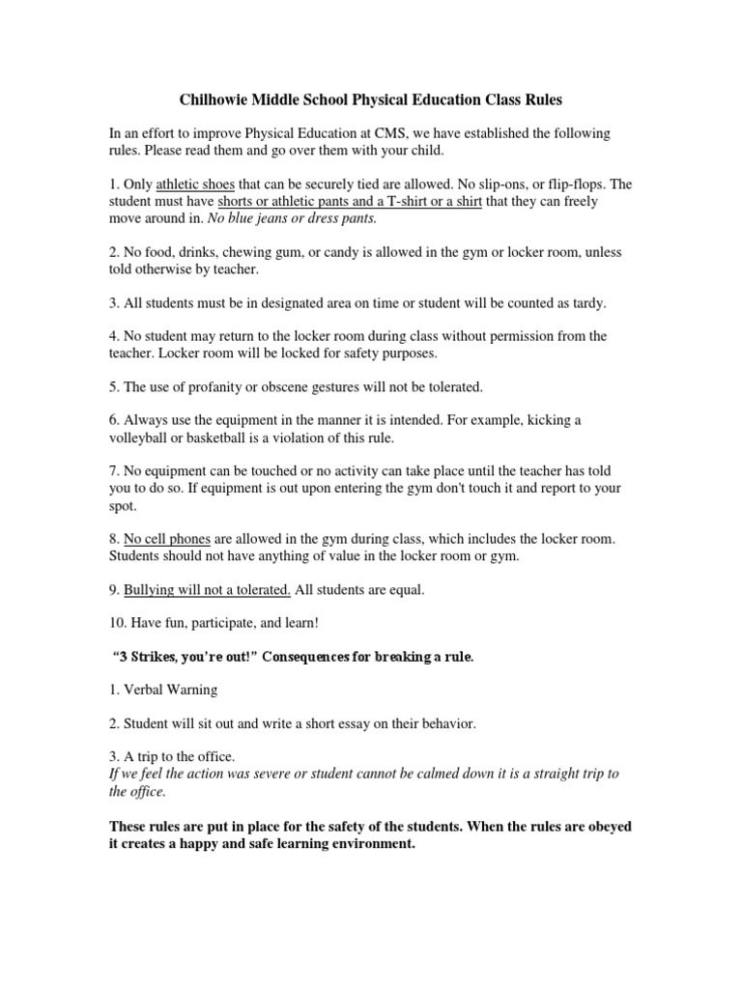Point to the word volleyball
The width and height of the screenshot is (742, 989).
[142, 438]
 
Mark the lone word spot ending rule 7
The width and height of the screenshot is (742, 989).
[123, 505]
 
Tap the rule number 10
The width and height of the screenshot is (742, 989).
[116, 623]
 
